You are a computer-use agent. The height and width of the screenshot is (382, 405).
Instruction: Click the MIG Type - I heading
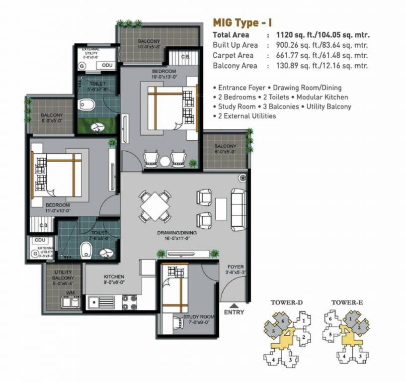pos(242,22)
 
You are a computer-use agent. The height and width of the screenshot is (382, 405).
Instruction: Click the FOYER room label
pos(236,267)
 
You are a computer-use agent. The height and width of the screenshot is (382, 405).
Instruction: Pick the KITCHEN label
pos(114,277)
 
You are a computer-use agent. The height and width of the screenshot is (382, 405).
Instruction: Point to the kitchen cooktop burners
pos(130,300)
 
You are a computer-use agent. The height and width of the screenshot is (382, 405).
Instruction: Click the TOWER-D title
pos(283,302)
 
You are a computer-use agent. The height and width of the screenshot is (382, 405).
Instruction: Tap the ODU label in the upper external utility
pos(106,66)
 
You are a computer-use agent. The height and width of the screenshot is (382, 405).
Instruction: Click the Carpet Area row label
pos(233,56)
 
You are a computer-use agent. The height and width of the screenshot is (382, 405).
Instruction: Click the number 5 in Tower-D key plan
pos(273,331)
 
